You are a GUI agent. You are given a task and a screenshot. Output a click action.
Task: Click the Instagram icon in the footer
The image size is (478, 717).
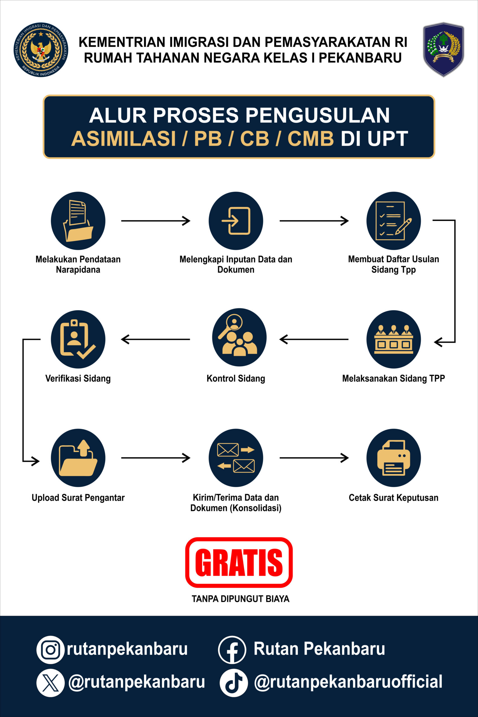(50, 650)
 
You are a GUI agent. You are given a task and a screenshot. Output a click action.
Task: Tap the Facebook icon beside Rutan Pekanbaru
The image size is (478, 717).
(232, 650)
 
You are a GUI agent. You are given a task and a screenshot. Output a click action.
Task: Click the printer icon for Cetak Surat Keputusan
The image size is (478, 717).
(393, 458)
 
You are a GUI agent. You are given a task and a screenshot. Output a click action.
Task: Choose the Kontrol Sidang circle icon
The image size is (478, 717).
(239, 337)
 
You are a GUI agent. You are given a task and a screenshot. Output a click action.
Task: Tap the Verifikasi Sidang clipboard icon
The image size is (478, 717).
(78, 339)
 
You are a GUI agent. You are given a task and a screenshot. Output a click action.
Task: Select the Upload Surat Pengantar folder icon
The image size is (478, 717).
(78, 458)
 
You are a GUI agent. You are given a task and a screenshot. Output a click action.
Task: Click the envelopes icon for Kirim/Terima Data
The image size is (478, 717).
(236, 458)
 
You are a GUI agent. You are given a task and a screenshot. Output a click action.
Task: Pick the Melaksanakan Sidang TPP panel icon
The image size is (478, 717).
(393, 339)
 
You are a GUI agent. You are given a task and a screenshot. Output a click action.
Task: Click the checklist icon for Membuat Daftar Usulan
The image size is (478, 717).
(393, 220)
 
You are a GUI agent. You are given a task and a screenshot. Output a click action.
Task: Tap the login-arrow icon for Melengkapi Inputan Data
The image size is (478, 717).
(236, 220)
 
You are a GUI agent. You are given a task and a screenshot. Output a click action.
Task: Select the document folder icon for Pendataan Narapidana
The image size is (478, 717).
(78, 220)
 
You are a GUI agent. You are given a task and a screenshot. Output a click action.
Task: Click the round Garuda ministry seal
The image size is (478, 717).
(41, 50)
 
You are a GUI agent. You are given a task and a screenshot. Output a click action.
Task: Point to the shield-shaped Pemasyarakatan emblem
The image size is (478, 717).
(443, 49)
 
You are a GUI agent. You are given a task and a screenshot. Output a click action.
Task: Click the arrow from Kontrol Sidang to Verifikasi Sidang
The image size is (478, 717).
(155, 339)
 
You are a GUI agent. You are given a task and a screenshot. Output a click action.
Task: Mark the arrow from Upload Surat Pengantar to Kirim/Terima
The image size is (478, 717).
(155, 458)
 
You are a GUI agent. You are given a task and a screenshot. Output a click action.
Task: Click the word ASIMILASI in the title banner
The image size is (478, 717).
(123, 139)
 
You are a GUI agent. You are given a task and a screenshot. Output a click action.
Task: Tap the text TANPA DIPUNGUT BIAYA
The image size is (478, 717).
(240, 599)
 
